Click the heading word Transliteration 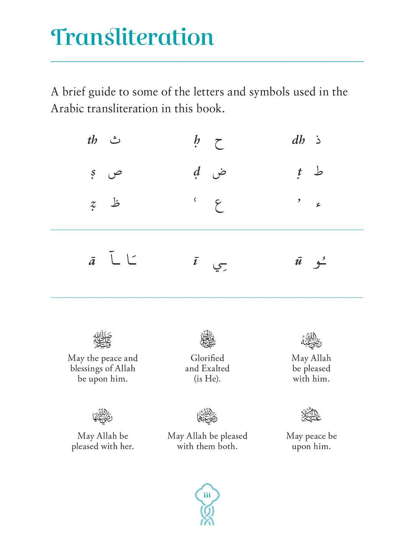132,37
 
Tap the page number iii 207,495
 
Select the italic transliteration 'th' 92,140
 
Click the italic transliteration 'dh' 298,140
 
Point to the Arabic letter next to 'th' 115,140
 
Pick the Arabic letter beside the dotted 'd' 219,173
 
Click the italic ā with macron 92,262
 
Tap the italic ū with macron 299,262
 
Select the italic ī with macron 195,262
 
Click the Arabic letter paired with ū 320,262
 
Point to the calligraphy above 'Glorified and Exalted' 207,339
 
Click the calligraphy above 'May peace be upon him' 311,415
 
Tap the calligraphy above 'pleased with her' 102,416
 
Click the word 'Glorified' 207,358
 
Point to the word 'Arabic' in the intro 67,109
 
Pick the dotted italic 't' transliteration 299,173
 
